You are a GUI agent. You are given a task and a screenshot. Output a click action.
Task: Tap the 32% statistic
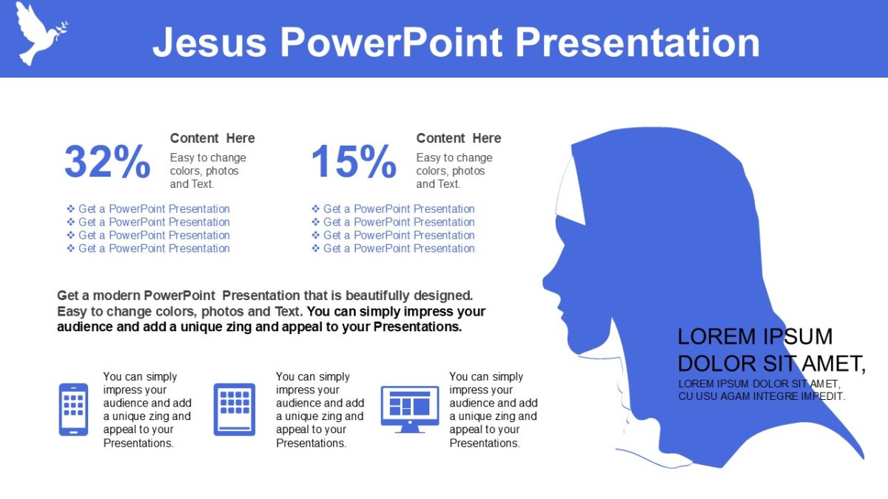[x=107, y=162]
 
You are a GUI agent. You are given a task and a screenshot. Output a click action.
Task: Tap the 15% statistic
[x=353, y=162]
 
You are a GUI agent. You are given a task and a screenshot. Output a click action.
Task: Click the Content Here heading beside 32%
[x=212, y=138]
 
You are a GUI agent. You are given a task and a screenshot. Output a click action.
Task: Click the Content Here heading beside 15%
[x=458, y=138]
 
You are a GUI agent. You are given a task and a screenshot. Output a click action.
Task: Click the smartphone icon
[x=73, y=409]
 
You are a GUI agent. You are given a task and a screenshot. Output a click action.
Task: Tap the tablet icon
[x=235, y=409]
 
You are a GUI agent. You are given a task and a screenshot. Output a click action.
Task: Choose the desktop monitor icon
[x=409, y=407]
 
